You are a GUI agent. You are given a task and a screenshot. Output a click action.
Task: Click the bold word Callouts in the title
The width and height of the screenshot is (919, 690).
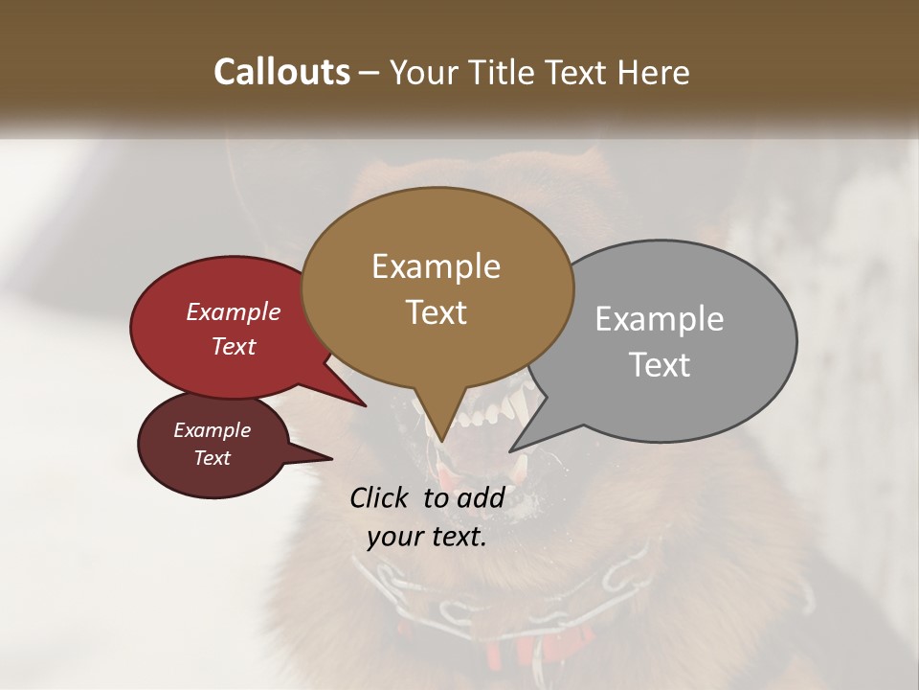coord(281,72)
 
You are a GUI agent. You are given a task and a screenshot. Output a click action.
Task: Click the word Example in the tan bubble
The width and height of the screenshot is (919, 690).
coord(436,266)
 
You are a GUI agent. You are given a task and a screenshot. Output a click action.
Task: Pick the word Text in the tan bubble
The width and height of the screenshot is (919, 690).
coord(436,312)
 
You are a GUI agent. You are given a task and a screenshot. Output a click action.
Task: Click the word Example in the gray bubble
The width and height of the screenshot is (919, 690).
coord(660,319)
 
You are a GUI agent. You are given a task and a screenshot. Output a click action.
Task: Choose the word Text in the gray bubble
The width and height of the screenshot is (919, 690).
coord(661,365)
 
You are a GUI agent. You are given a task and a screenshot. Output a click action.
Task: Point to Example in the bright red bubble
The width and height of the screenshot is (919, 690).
coord(233,311)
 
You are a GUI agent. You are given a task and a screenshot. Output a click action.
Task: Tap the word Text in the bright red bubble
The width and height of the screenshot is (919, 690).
coord(234,346)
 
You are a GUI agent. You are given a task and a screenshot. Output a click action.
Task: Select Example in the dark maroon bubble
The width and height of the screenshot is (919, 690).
coord(212,430)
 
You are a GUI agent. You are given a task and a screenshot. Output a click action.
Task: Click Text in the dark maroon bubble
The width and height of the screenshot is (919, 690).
coord(212,458)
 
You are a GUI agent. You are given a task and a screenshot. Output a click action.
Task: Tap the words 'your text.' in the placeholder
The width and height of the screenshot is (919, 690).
coord(427,537)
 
